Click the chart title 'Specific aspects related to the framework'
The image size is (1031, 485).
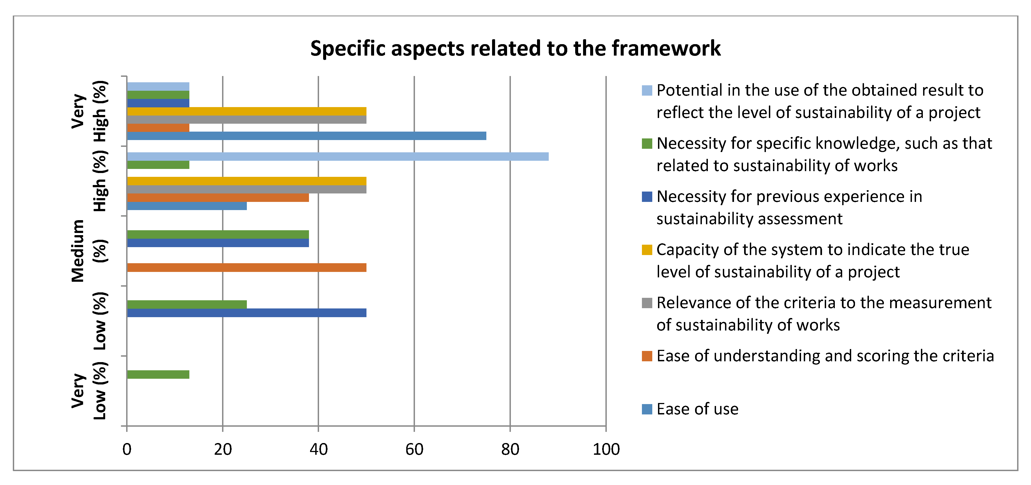pos(515,48)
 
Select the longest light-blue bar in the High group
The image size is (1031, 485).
pos(337,156)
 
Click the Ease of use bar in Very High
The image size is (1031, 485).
pos(306,136)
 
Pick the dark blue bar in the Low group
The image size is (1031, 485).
pos(246,313)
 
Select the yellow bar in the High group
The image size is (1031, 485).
pos(246,181)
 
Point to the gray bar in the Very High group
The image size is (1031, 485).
pos(246,120)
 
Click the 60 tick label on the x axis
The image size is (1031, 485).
pos(414,449)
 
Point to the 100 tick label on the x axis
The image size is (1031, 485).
pos(606,449)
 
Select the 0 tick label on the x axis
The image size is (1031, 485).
pos(127,449)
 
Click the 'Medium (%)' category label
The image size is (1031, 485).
pos(88,251)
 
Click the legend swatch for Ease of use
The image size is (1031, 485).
pos(647,409)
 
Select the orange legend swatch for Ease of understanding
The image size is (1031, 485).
pos(647,356)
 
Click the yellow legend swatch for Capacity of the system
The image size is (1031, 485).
pos(647,250)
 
